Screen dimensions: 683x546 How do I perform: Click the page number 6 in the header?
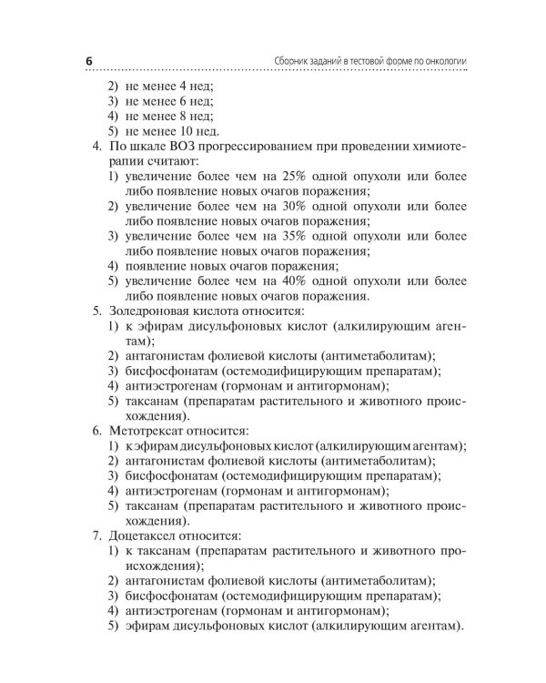89,61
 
